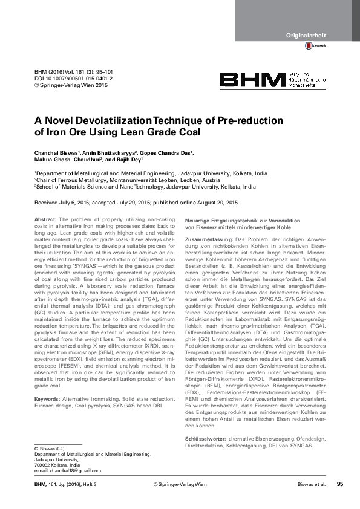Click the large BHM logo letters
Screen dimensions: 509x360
pos(252,81)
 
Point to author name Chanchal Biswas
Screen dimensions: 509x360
pos(58,153)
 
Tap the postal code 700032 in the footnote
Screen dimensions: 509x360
pos(43,464)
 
